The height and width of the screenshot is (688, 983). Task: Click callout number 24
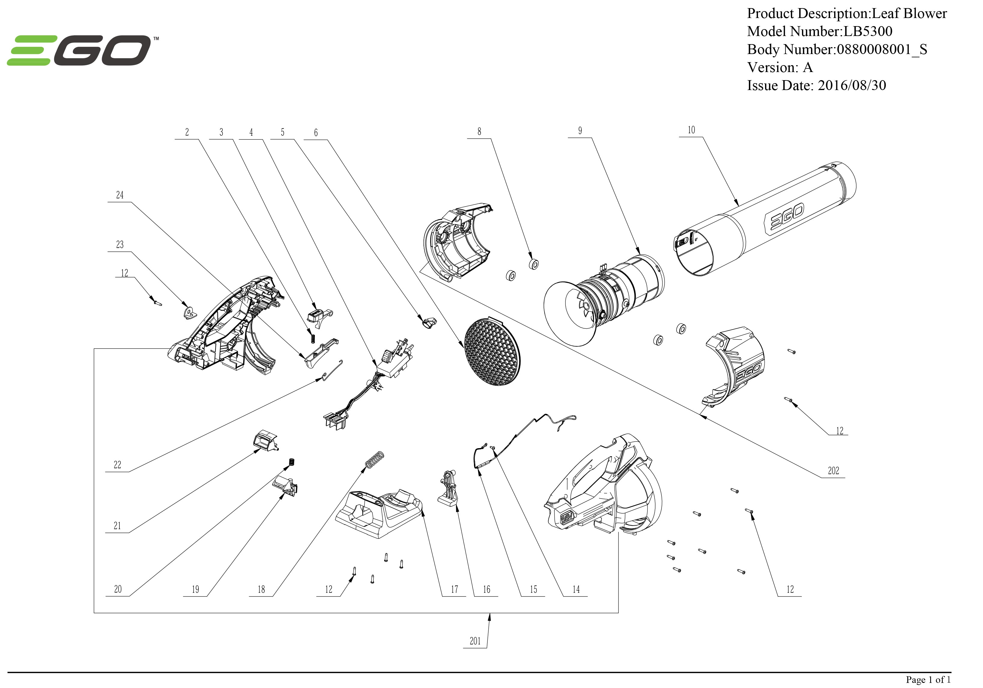click(x=119, y=195)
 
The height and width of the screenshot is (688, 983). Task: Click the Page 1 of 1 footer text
click(x=928, y=679)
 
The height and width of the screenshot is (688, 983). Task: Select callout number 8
click(x=479, y=132)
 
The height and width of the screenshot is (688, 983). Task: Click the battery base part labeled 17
click(x=379, y=514)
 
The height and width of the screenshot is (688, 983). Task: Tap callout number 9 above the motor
click(x=580, y=131)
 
